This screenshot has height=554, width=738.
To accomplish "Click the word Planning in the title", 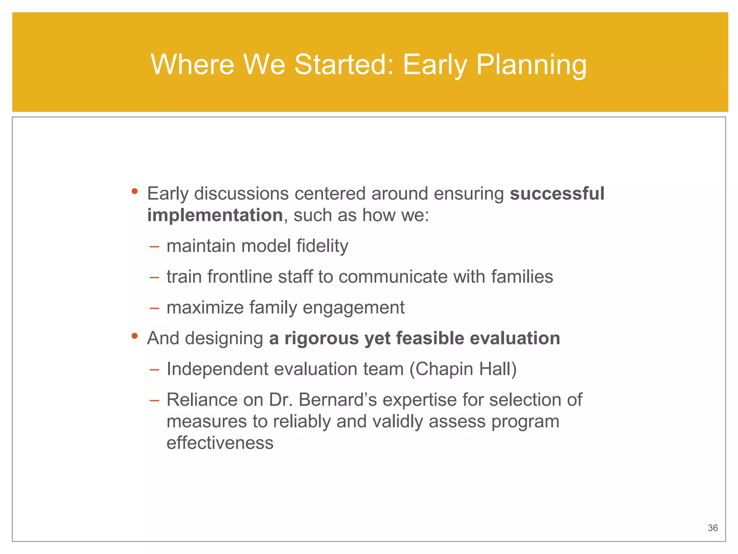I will tap(531, 65).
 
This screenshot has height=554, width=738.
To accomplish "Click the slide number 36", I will tap(712, 528).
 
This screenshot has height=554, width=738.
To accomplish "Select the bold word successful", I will tap(557, 194).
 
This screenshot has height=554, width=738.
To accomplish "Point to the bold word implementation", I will tap(215, 215).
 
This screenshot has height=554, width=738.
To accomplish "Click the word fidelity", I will tap(322, 246).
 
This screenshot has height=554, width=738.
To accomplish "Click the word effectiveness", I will tap(220, 443).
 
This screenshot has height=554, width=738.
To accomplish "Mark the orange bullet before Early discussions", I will tap(135, 191).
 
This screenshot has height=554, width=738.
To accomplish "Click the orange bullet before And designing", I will tap(135, 336).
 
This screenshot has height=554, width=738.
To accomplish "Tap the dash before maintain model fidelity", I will tap(154, 247).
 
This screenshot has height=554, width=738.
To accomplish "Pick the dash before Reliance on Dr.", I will tap(154, 401).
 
